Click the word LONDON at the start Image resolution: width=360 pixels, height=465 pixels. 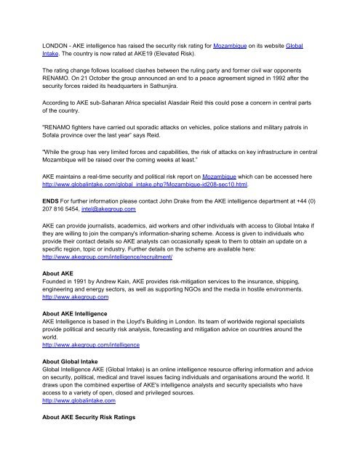[x=36, y=45]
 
